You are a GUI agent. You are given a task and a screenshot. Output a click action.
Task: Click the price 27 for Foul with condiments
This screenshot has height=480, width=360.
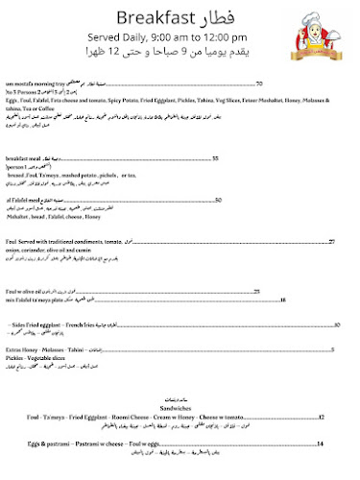[331, 242]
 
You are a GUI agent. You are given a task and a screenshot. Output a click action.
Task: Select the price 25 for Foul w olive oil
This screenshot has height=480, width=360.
[256, 291]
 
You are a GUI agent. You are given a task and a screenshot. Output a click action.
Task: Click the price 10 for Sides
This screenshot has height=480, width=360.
[337, 325]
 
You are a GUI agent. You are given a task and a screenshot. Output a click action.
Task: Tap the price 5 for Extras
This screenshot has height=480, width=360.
[331, 350]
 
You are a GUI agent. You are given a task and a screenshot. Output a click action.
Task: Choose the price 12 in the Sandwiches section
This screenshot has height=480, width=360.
[322, 418]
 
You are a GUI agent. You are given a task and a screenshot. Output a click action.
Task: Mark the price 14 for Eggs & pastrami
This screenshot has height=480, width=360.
[322, 444]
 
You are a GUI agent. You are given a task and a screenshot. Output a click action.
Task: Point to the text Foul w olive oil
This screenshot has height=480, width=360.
[26, 291]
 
